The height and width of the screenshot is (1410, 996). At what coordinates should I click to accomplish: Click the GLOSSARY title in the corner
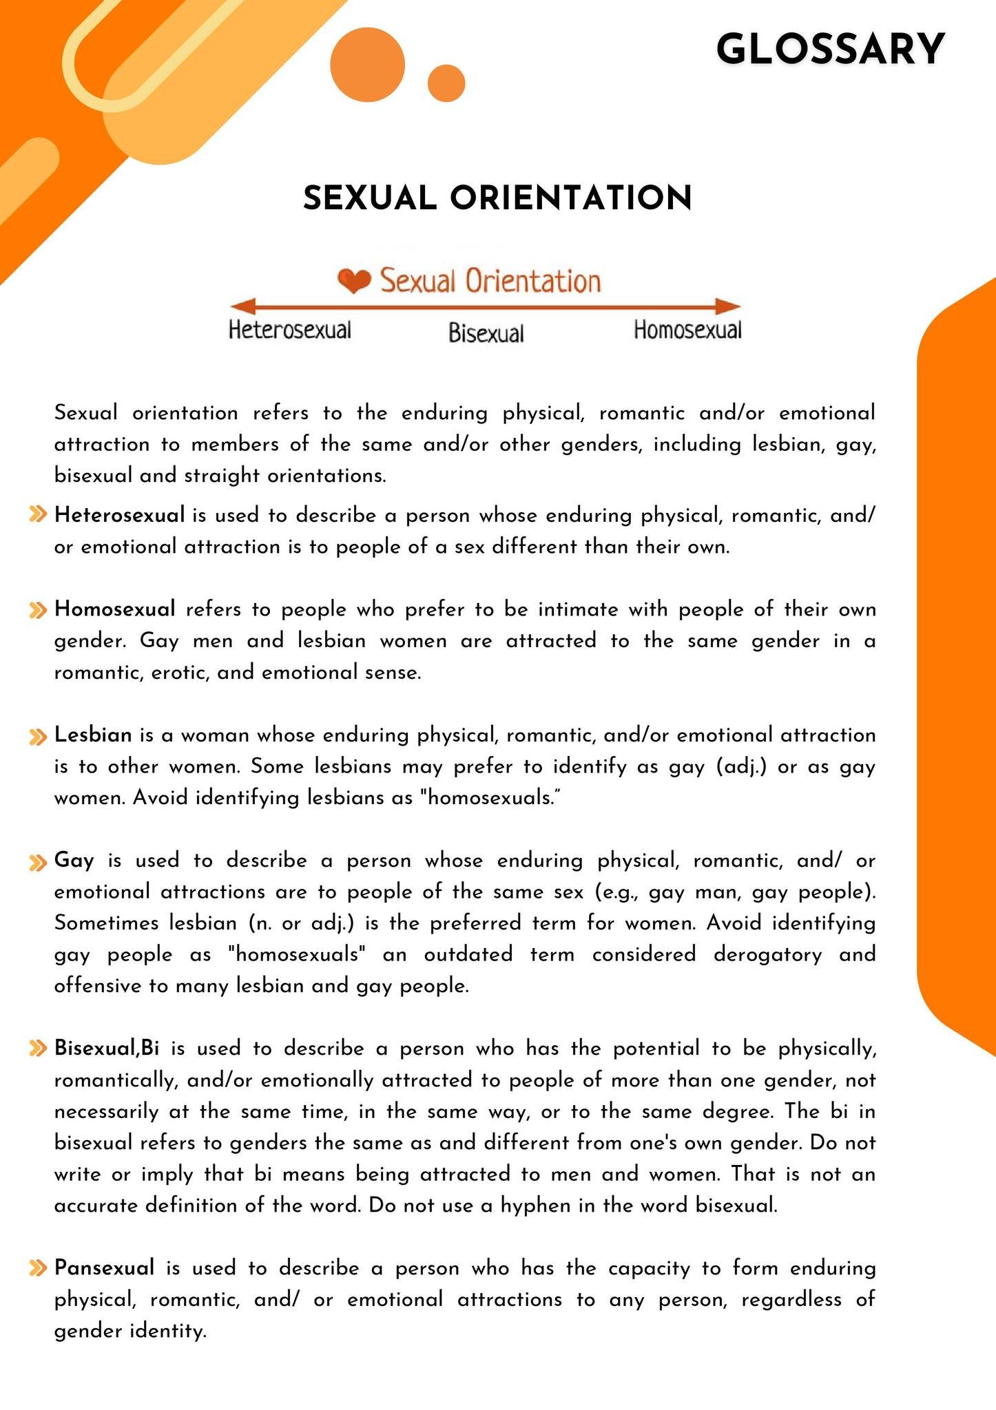[830, 50]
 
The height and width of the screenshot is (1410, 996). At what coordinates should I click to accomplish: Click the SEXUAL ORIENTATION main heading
[497, 198]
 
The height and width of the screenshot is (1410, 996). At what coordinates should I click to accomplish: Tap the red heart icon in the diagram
[354, 280]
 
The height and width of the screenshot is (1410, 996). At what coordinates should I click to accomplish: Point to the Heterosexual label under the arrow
[290, 330]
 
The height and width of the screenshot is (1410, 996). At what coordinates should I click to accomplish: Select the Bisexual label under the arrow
[486, 334]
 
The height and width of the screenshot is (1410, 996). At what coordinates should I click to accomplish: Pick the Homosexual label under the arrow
[687, 330]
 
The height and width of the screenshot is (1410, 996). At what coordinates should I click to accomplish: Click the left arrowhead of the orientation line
[242, 306]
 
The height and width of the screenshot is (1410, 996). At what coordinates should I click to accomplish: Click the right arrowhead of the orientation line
[728, 306]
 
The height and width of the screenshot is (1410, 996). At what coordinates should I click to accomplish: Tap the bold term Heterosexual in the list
[120, 515]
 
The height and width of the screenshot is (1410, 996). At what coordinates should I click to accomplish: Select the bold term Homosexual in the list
[115, 609]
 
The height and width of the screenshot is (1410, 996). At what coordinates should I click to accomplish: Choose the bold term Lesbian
[93, 735]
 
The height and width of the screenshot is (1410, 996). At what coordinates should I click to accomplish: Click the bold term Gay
[74, 861]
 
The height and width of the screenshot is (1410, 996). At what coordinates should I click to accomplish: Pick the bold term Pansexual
[104, 1268]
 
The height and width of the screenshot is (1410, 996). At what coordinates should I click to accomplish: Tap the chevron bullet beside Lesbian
[38, 736]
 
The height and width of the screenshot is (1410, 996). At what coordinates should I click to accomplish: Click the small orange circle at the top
[446, 83]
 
